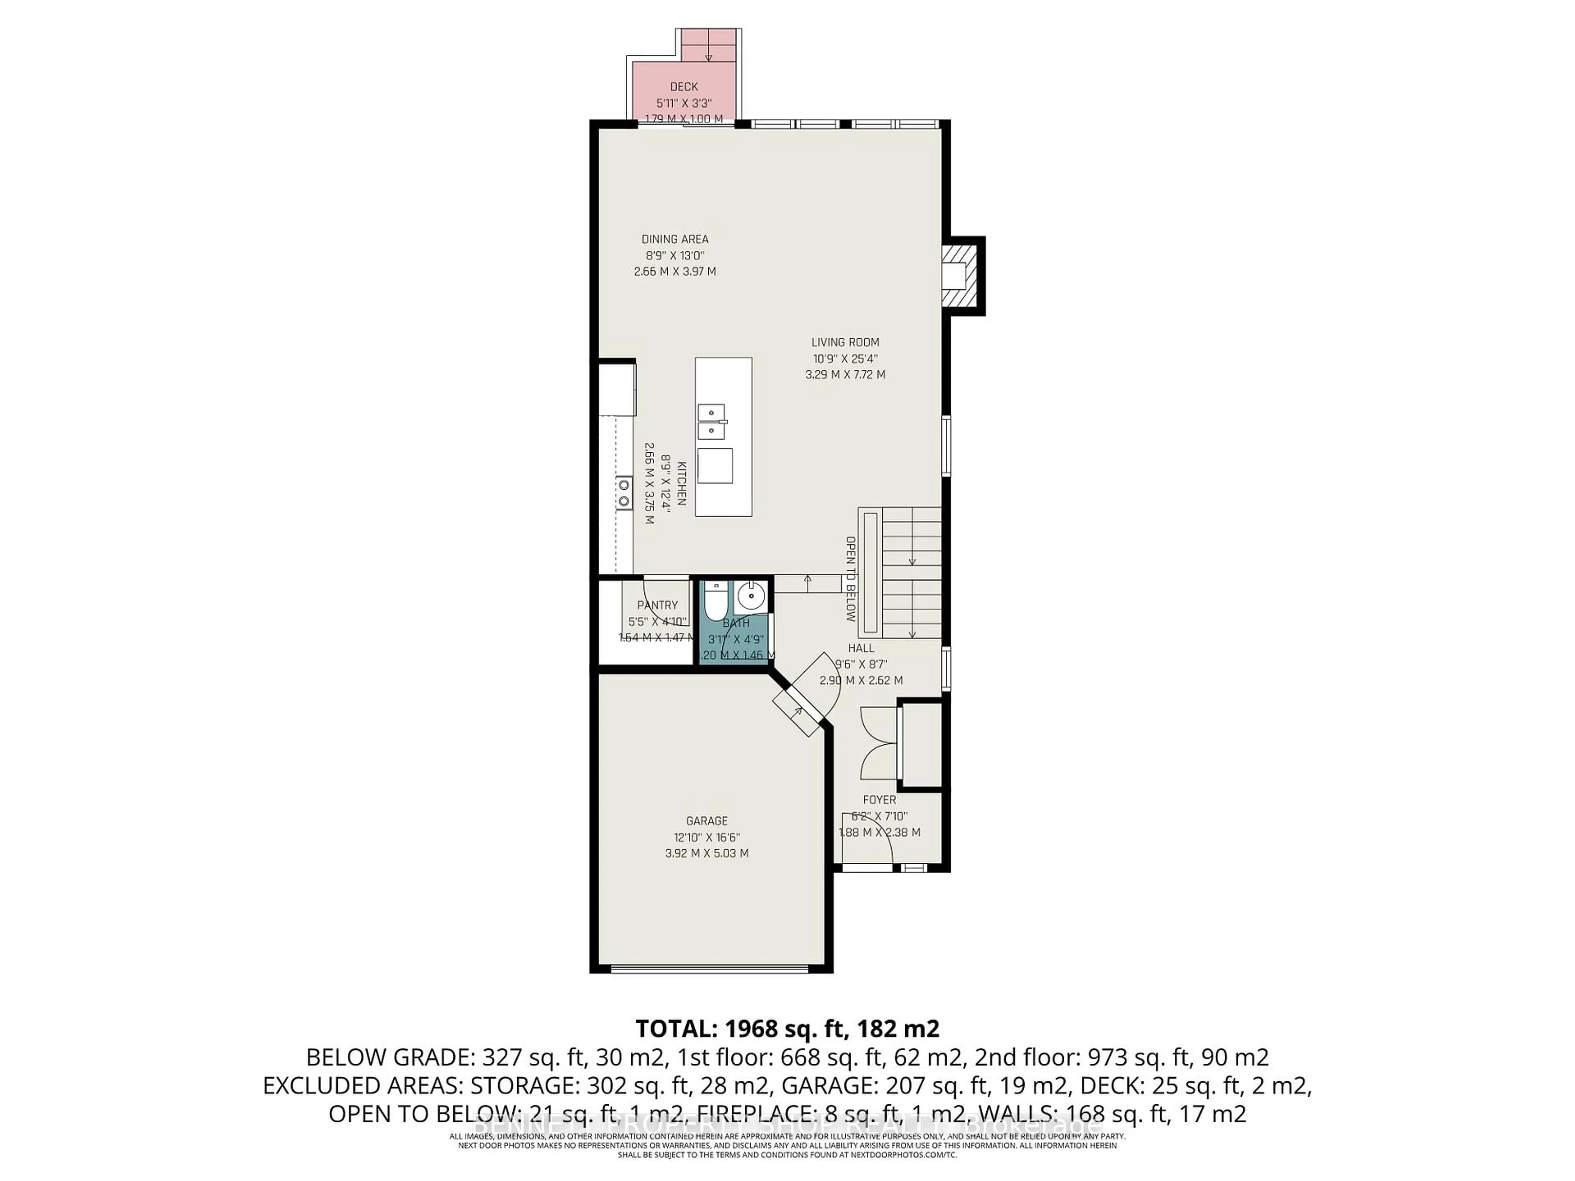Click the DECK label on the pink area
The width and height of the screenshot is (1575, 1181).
click(684, 87)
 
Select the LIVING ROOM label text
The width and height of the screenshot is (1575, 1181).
click(845, 342)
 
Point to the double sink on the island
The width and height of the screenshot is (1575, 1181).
click(711, 422)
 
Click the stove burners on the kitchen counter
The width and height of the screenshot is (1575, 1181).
click(624, 492)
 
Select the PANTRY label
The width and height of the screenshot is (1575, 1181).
click(657, 605)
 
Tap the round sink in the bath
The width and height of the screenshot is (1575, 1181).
click(751, 595)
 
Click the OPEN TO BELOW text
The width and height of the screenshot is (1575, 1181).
click(850, 579)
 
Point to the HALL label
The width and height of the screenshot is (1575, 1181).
click(861, 648)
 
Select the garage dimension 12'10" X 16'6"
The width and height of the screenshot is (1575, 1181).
click(706, 838)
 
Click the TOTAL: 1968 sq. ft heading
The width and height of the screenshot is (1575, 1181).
click(787, 1028)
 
